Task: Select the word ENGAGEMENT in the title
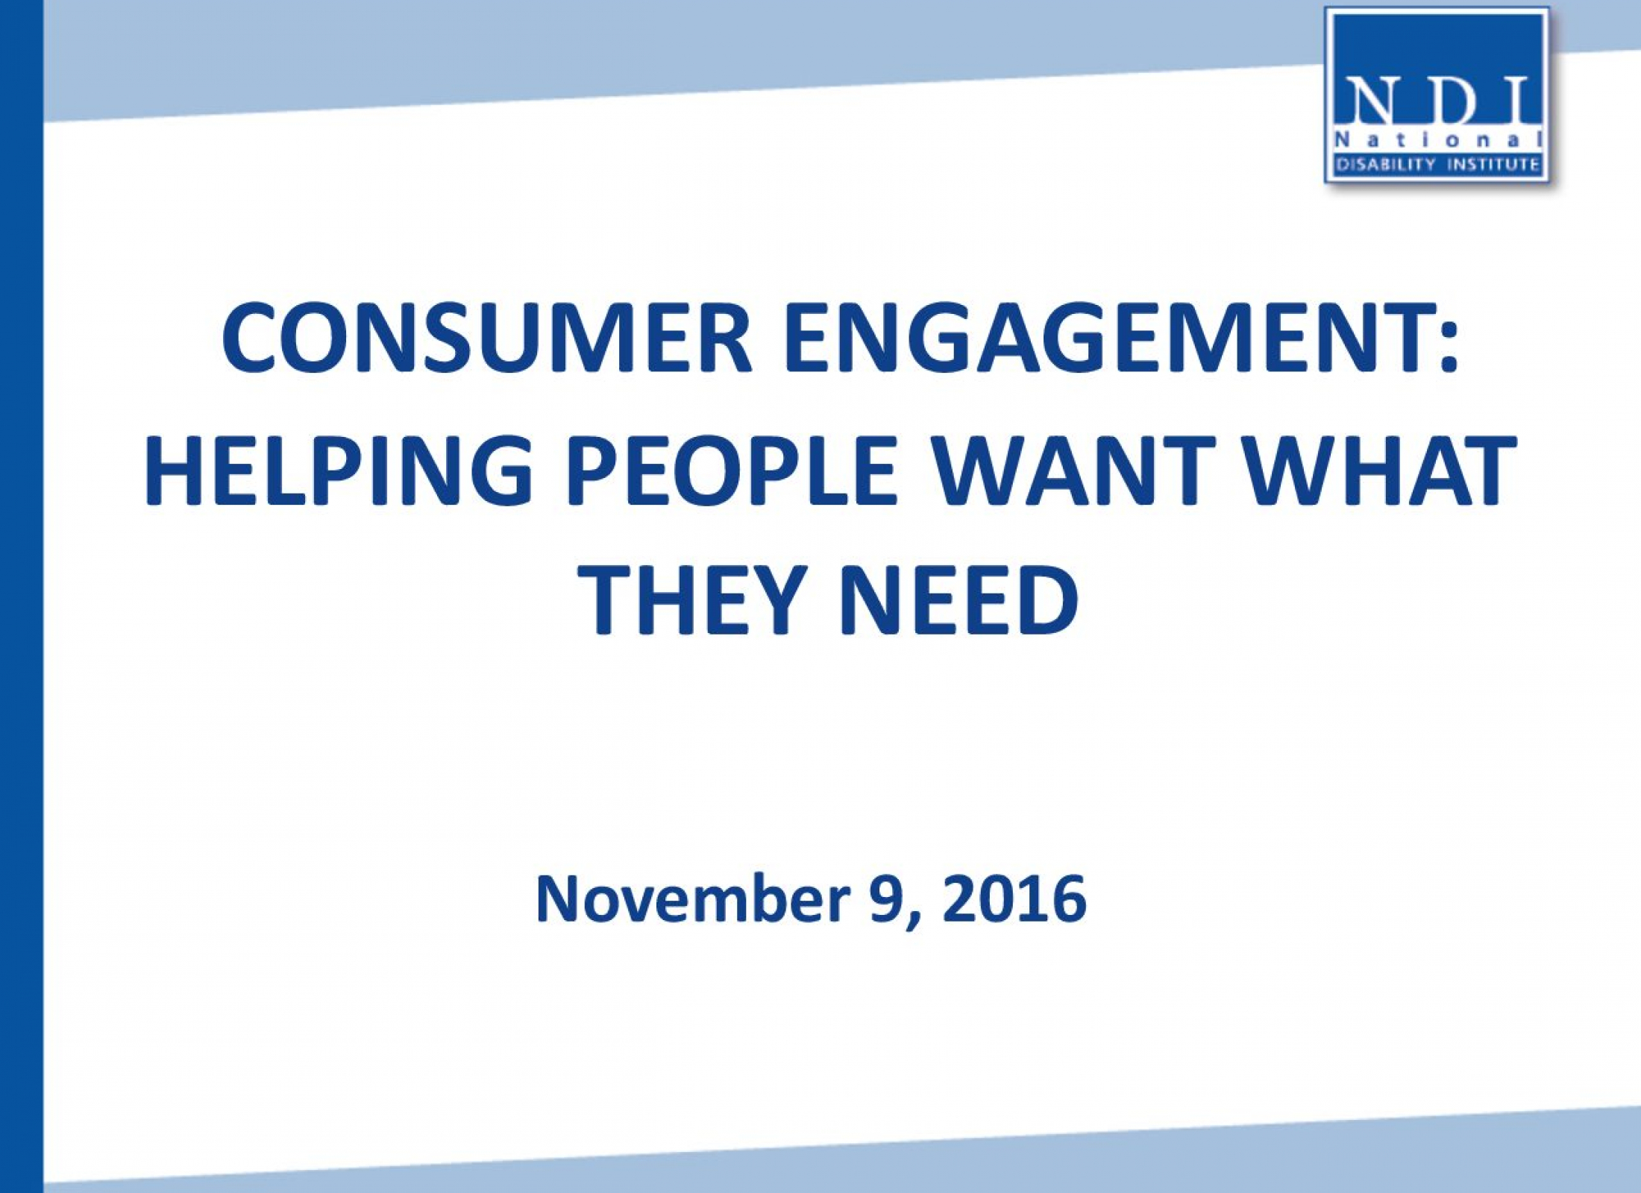pos(1106,338)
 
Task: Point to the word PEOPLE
pos(732,470)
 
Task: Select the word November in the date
pos(693,898)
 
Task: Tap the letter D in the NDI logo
pos(1450,102)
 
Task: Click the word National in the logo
pos(1438,139)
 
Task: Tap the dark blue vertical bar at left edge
pos(22,596)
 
